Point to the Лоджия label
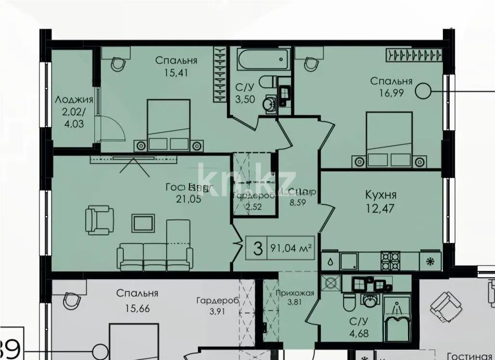click(74, 100)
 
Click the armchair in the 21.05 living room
click(99, 220)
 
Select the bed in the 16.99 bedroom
click(389, 140)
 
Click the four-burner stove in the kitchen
click(391, 260)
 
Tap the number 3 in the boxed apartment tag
click(258, 249)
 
